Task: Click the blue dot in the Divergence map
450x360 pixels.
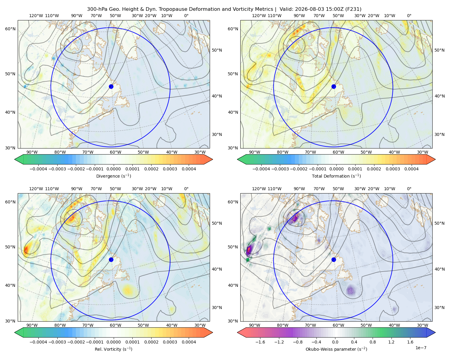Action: tap(111, 87)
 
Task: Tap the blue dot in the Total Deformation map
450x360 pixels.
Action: tap(334, 87)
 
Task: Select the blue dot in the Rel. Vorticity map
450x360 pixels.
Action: tap(111, 259)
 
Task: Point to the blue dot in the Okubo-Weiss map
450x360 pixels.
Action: tap(334, 259)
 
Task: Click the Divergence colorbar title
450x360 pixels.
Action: tap(113, 176)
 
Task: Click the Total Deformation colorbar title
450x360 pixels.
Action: tap(336, 176)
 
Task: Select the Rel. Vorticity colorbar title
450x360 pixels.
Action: tap(113, 349)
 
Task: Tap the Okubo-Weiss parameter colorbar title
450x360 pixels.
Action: tap(336, 349)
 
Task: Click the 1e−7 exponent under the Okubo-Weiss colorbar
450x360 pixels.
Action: tap(421, 348)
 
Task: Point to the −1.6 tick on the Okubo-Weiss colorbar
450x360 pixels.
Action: tap(260, 342)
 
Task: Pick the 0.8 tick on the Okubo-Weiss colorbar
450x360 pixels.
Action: tap(373, 342)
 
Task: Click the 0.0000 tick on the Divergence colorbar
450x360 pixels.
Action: tap(113, 169)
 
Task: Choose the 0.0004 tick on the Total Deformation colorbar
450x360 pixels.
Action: tap(411, 169)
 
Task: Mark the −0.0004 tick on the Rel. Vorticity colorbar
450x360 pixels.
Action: tap(38, 342)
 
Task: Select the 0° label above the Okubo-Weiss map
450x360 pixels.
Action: tap(409, 189)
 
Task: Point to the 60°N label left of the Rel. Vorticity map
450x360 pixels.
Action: tap(10, 202)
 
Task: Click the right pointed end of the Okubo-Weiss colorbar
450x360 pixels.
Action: tap(435, 332)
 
